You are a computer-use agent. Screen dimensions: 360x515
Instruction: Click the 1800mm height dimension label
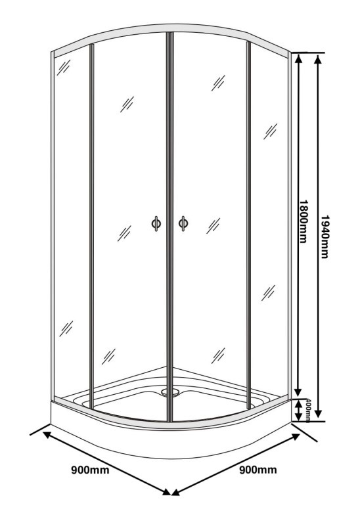pos(303,221)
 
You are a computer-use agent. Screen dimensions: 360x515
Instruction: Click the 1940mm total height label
pos(325,236)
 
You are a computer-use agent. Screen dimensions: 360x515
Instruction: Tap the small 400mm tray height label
pos(308,411)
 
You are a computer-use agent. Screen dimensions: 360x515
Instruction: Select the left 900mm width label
pos(91,470)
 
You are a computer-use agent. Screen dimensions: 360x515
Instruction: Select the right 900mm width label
pos(258,470)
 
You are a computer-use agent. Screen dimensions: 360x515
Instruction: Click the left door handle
pos(156,223)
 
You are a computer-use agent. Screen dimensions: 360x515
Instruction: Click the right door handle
pos(183,223)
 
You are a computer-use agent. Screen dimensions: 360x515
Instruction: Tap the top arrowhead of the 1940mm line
pos(318,59)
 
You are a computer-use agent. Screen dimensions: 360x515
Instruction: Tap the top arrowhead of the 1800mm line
pos(298,59)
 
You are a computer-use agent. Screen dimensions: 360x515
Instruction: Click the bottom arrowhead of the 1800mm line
pos(298,392)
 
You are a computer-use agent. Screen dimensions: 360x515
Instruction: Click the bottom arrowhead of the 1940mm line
pos(318,411)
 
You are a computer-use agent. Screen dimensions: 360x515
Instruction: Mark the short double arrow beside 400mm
pos(298,410)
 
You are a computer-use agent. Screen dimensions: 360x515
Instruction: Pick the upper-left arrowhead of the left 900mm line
pos(48,435)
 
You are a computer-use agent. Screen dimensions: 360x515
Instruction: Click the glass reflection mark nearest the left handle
pos(124,234)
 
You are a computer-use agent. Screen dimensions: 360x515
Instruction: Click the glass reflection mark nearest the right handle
pos(213,226)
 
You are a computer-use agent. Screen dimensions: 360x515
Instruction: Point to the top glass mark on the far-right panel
pos(270,131)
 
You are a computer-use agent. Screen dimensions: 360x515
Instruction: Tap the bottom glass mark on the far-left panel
pos(66,328)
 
